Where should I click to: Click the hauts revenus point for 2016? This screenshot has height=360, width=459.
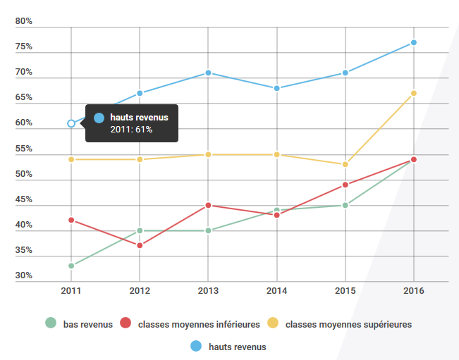tap(414, 42)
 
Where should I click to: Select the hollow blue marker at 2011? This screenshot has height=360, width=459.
tap(71, 123)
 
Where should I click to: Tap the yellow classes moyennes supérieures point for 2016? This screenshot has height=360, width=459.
tap(414, 93)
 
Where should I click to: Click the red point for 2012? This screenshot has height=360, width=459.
tap(140, 245)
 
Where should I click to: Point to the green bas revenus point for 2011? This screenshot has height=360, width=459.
tap(71, 266)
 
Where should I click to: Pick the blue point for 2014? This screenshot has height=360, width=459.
tap(277, 88)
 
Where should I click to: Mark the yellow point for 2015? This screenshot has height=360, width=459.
tap(345, 164)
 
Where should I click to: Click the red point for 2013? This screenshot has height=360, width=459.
tap(208, 205)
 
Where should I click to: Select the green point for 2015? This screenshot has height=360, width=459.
tap(345, 205)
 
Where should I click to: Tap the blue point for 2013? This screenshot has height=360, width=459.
tap(208, 73)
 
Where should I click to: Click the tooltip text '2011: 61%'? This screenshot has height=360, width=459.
tap(131, 130)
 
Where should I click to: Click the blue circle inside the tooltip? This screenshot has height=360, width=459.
tap(99, 118)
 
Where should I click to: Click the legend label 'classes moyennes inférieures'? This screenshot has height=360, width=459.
tap(199, 325)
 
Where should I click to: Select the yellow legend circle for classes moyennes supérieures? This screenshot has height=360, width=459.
tap(273, 323)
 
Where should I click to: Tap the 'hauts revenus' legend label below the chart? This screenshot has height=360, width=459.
tap(237, 347)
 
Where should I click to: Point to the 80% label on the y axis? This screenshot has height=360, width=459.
tap(24, 21)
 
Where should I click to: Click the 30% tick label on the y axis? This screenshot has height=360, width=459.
tap(24, 275)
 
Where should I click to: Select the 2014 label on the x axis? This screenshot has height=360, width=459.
tap(277, 290)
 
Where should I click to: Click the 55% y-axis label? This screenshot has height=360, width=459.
tap(24, 149)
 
